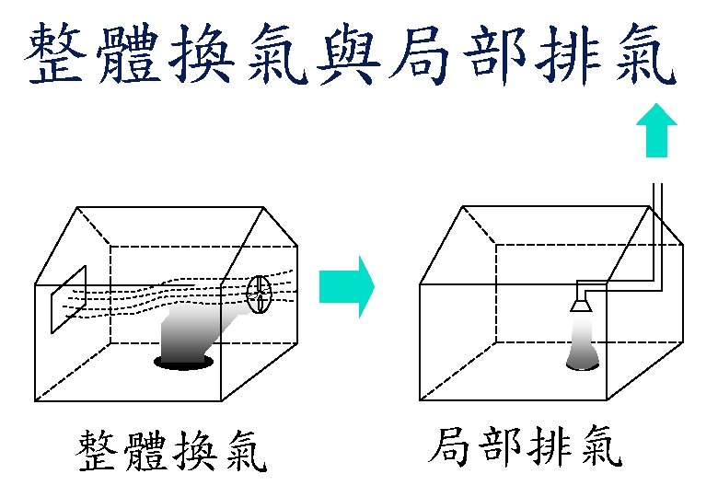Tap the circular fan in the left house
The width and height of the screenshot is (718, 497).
tap(260, 295)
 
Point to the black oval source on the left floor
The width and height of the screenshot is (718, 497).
tap(184, 364)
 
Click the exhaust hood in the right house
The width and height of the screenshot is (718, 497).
tap(581, 301)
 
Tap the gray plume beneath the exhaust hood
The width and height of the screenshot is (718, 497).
tap(582, 344)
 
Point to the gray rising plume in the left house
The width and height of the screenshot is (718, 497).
tap(198, 331)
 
